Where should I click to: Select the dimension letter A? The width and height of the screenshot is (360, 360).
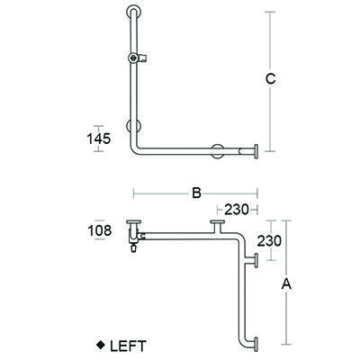[x=287, y=283]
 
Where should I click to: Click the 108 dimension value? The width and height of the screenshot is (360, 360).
[x=100, y=230]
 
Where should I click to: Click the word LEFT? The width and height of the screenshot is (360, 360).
[x=125, y=345]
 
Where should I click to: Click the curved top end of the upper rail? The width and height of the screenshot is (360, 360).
[x=132, y=13]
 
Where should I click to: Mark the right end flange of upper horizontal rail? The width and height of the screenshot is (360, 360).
[x=258, y=150]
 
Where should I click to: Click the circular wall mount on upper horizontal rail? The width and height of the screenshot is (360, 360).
[x=216, y=150]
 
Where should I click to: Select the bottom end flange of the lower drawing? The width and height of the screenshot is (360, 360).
[x=258, y=343]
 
